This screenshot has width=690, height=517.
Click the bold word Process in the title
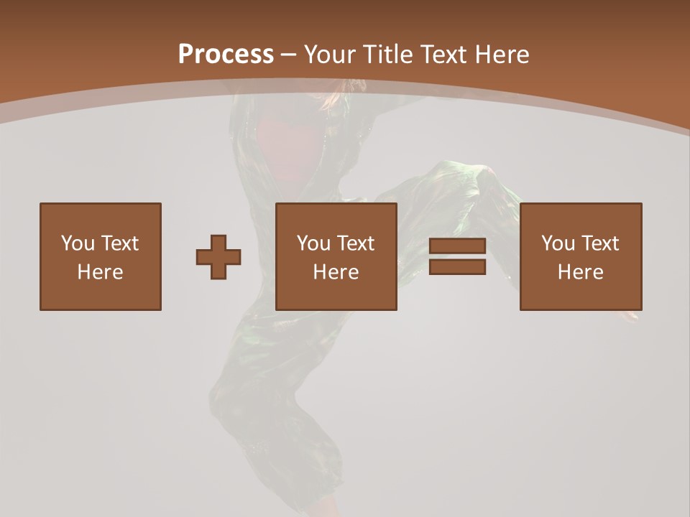coord(226,55)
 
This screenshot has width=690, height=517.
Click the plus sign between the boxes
coord(218,257)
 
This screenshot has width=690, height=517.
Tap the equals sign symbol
coord(457,257)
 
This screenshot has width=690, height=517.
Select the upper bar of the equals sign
coord(457,247)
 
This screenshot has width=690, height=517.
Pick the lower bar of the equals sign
coord(457,267)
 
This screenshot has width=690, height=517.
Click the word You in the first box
coord(78,243)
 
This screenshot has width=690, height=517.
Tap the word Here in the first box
coord(100,272)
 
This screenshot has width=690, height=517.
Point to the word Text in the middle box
coord(355,243)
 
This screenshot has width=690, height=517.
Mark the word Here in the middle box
coord(336,272)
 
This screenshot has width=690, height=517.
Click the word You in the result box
coord(558,243)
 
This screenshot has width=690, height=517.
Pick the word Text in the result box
coord(599,243)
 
